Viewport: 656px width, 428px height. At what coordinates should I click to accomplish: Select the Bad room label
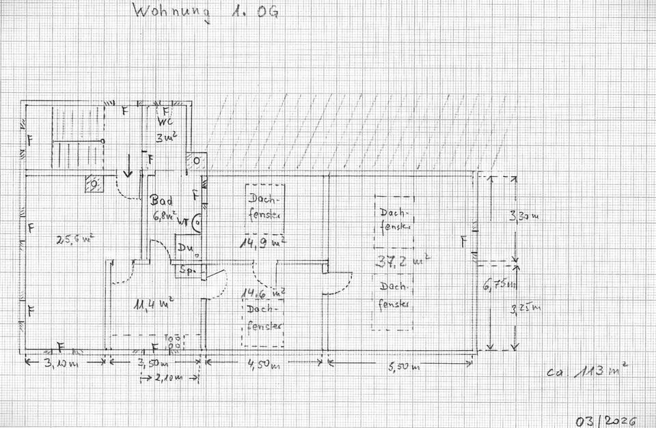pyautogui.click(x=162, y=201)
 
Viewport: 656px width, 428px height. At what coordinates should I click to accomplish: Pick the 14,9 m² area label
pyautogui.click(x=262, y=242)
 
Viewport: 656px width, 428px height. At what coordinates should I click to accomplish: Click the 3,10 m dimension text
pyautogui.click(x=64, y=362)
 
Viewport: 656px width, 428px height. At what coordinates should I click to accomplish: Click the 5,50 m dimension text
pyautogui.click(x=399, y=367)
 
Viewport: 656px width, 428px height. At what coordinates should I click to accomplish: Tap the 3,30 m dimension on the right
pyautogui.click(x=525, y=217)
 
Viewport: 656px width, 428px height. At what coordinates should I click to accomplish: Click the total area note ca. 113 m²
pyautogui.click(x=587, y=373)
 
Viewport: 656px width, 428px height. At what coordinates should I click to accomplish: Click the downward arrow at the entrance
pyautogui.click(x=128, y=166)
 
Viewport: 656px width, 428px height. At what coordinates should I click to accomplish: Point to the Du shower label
pyautogui.click(x=186, y=248)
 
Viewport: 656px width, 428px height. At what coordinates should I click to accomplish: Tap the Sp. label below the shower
pyautogui.click(x=187, y=271)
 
